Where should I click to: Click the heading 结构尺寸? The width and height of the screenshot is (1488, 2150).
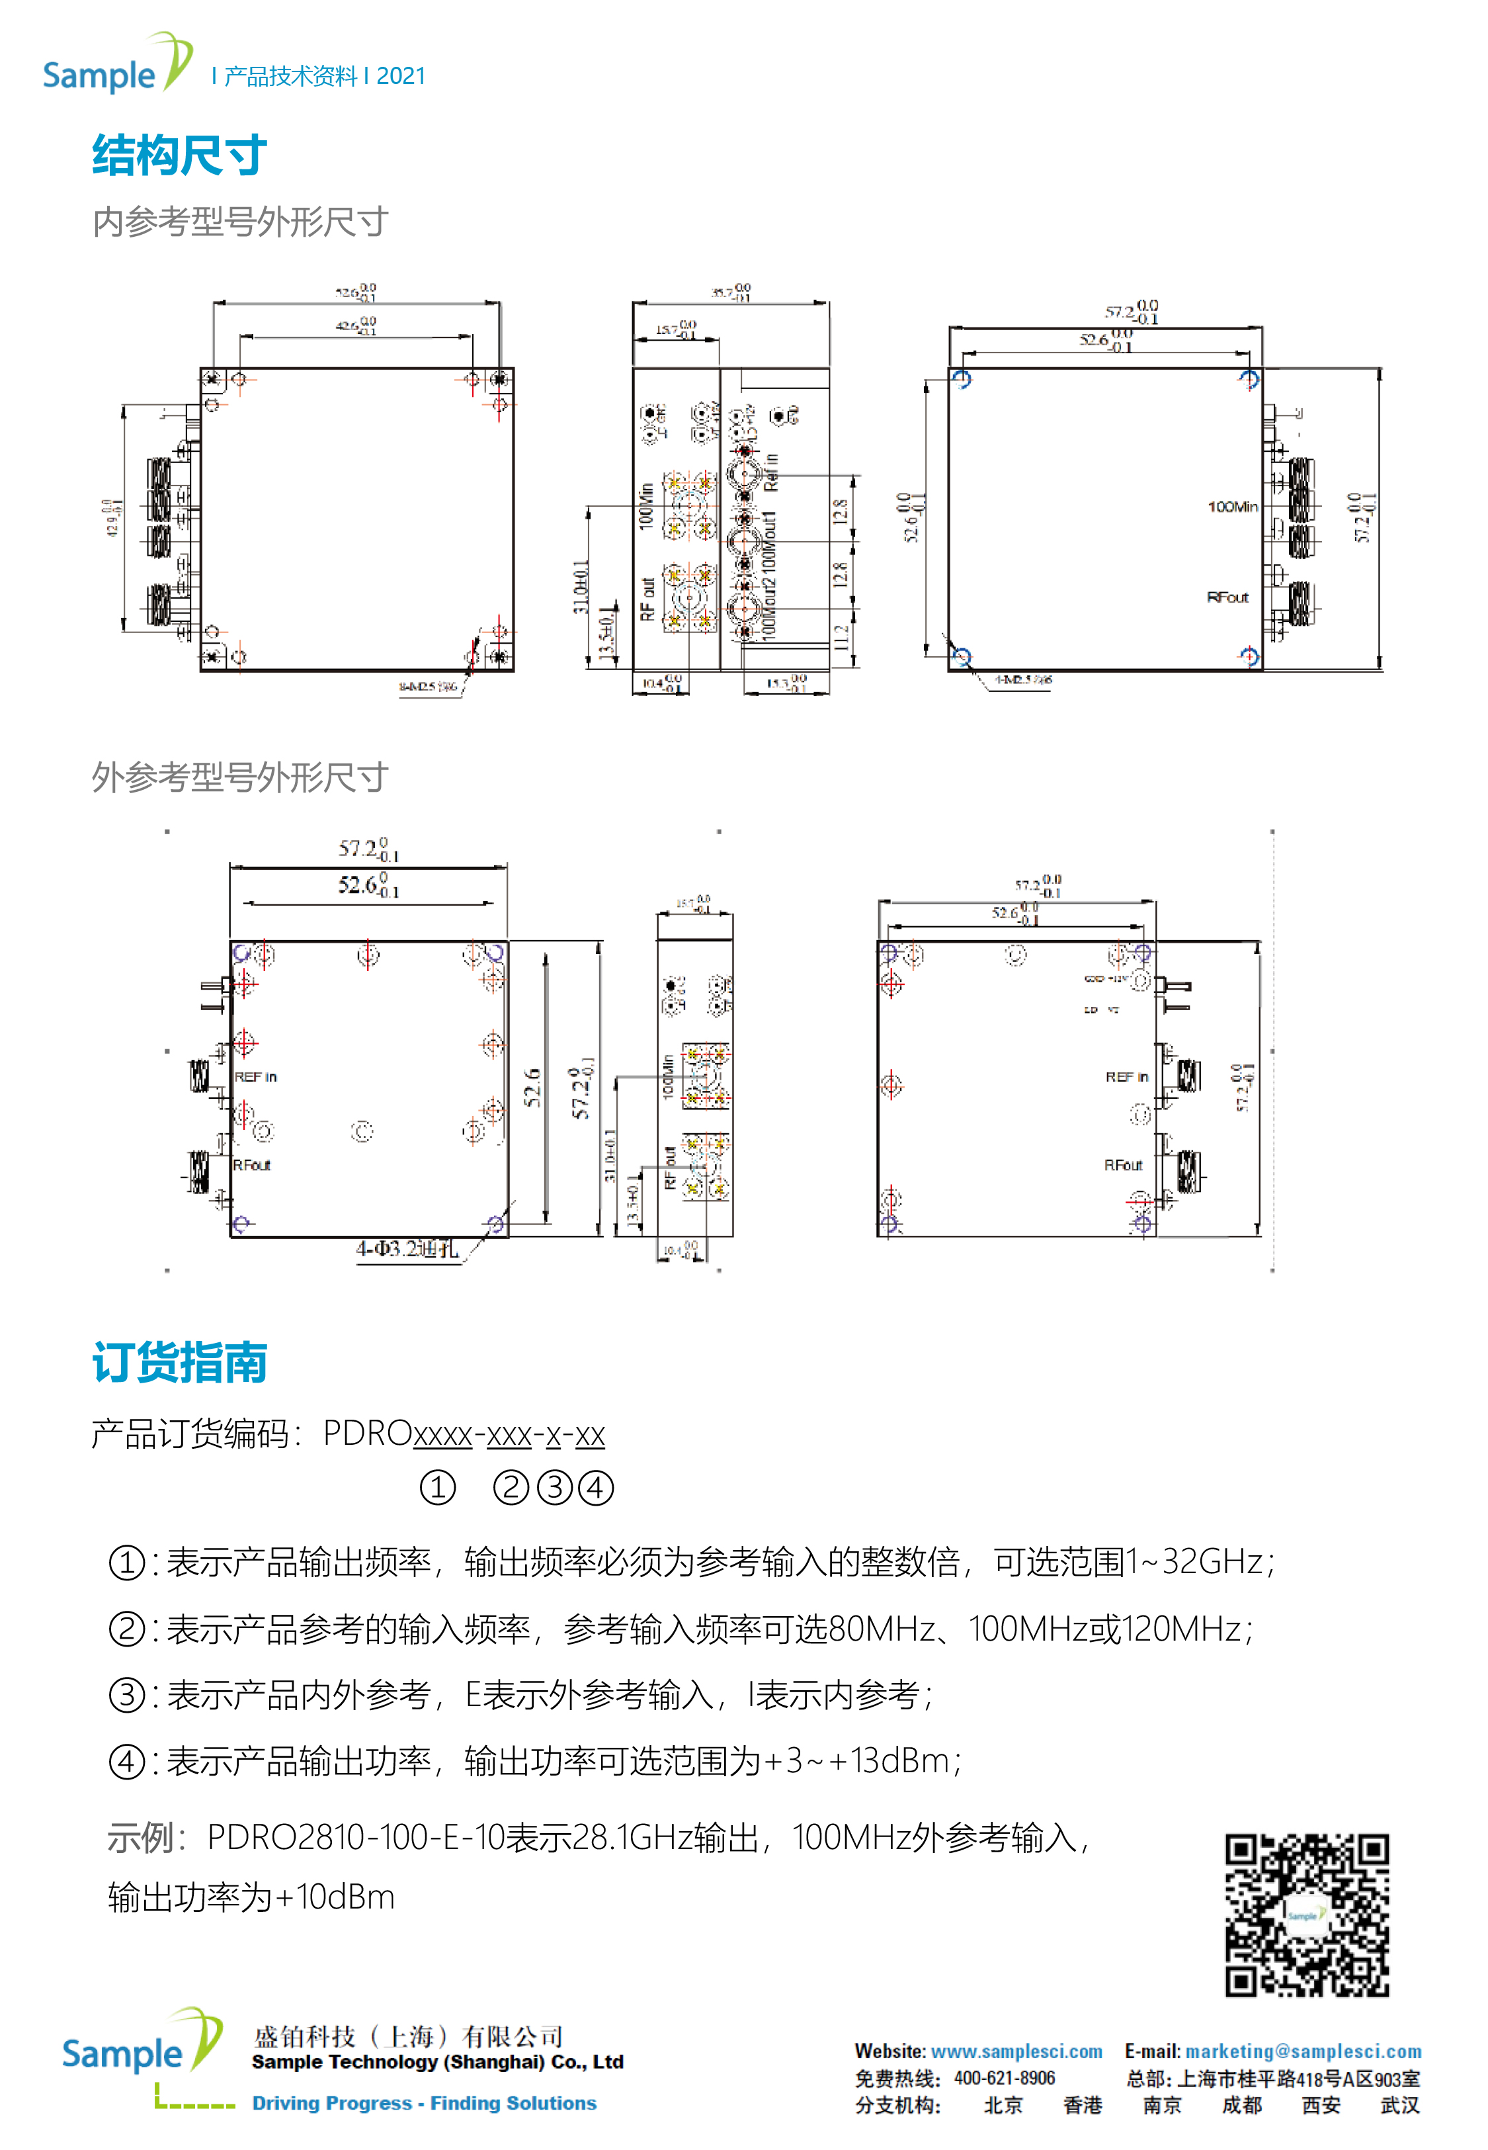pyautogui.click(x=179, y=155)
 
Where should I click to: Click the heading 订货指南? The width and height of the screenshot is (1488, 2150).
pyautogui.click(x=179, y=1362)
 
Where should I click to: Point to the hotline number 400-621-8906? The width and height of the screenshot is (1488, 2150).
pyautogui.click(x=1004, y=2078)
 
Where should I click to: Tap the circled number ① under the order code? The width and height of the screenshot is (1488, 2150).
pyautogui.click(x=437, y=1487)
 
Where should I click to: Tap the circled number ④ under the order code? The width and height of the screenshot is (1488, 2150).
pyautogui.click(x=596, y=1487)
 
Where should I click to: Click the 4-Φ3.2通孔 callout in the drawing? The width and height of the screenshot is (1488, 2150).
pyautogui.click(x=407, y=1248)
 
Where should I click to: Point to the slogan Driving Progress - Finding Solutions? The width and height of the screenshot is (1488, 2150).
pyautogui.click(x=424, y=2104)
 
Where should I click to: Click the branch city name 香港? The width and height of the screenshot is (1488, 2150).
pyautogui.click(x=1083, y=2105)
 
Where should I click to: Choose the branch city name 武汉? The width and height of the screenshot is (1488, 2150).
pyautogui.click(x=1399, y=2105)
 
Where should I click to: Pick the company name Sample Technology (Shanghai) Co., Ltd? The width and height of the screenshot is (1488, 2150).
pyautogui.click(x=437, y=2061)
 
